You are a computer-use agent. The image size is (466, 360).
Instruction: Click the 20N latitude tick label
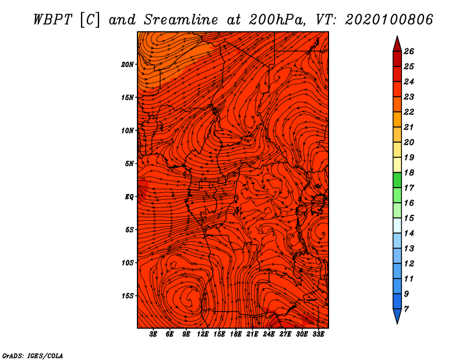[128, 64]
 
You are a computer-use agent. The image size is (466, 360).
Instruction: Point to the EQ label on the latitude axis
[129, 197]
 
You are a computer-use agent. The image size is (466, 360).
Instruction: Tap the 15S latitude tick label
[128, 296]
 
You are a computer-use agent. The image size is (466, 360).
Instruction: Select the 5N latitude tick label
[129, 164]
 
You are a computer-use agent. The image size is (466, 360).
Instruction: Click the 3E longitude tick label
[153, 334]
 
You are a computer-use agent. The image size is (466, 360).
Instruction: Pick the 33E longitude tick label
[318, 334]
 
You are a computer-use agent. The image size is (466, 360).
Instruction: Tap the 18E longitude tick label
[235, 334]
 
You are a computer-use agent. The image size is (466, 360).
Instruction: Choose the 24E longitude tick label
[269, 334]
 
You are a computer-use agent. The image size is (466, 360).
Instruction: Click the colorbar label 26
[408, 51]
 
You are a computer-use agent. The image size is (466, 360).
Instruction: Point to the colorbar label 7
[406, 309]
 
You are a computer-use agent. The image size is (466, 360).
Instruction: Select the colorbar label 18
[408, 172]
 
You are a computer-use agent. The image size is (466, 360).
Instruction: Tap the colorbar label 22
[408, 112]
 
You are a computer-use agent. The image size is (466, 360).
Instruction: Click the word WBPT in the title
[54, 19]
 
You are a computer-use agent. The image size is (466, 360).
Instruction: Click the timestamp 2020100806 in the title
[389, 19]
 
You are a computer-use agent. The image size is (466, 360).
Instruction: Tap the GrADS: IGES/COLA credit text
[33, 355]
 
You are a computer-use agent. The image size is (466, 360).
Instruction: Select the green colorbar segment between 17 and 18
[397, 180]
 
